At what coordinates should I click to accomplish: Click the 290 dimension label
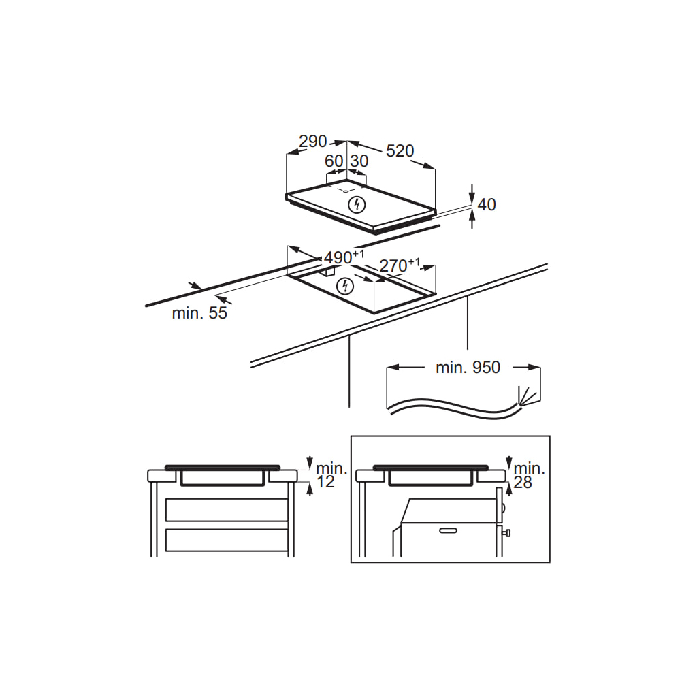pyautogui.click(x=313, y=142)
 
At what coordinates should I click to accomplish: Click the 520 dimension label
pyautogui.click(x=400, y=150)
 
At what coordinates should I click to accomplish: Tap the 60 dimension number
pyautogui.click(x=334, y=161)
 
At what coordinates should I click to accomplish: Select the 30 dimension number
pyautogui.click(x=359, y=161)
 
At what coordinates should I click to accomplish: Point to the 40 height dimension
pyautogui.click(x=487, y=204)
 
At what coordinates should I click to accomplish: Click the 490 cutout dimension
pyautogui.click(x=338, y=258)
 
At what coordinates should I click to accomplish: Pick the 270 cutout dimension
pyautogui.click(x=395, y=266)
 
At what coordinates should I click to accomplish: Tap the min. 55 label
pyautogui.click(x=199, y=313)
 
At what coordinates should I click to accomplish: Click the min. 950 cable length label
pyautogui.click(x=468, y=368)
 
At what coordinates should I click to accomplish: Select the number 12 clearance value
pyautogui.click(x=326, y=483)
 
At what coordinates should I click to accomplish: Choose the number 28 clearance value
pyautogui.click(x=523, y=483)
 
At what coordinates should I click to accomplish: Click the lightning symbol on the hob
pyautogui.click(x=356, y=204)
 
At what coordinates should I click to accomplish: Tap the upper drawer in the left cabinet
pyautogui.click(x=227, y=510)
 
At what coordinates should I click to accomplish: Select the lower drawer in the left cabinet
pyautogui.click(x=227, y=540)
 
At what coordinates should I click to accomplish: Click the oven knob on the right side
pyautogui.click(x=506, y=533)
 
